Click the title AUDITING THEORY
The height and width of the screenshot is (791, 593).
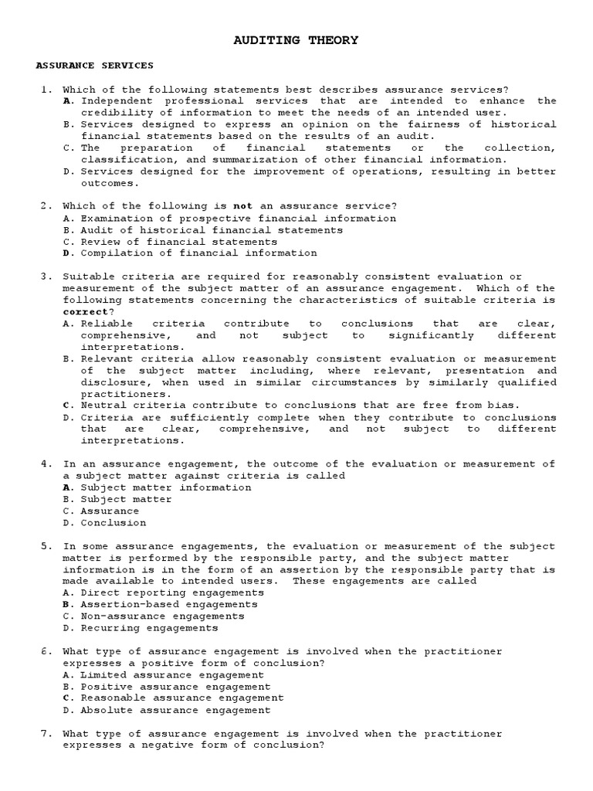[x=296, y=40]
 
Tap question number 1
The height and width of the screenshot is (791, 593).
[x=46, y=90]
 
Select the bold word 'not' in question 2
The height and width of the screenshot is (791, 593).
[x=243, y=206]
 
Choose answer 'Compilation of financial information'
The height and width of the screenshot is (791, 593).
[x=198, y=253]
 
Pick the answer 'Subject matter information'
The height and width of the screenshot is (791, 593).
[x=166, y=487]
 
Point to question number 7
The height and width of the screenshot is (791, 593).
[x=46, y=733]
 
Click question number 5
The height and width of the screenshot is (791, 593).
[x=46, y=546]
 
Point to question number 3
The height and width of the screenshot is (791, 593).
[x=46, y=277]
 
